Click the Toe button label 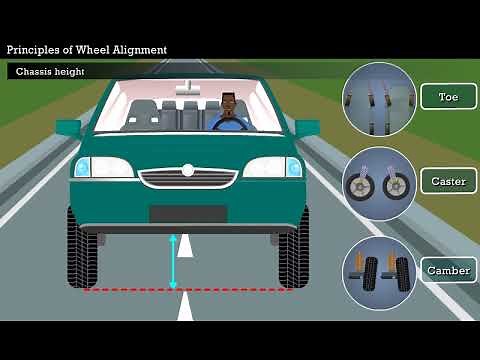coord(448,97)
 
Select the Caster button coord(448,182)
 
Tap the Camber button coord(448,270)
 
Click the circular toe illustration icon coord(379,98)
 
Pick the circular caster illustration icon coord(379,184)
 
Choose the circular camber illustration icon coord(379,272)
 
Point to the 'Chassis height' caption coord(50,72)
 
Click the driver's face coord(230,104)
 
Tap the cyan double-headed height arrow coord(173,262)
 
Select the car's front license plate coord(188,213)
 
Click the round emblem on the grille coord(188,171)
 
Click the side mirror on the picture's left coord(68,128)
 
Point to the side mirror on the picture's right coord(307,128)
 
